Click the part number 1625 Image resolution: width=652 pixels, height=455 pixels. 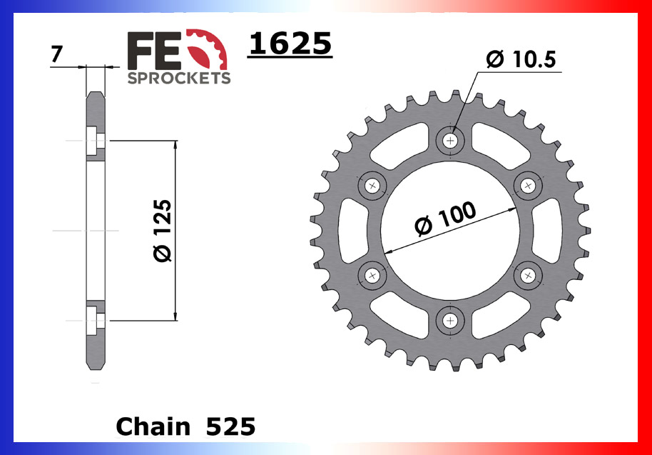coord(290,44)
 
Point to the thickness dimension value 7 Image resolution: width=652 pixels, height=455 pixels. coord(56,54)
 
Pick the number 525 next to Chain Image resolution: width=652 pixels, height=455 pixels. coord(230,426)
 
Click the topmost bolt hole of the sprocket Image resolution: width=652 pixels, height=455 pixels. coord(450,141)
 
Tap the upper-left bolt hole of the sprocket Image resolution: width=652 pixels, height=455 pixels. coord(372,186)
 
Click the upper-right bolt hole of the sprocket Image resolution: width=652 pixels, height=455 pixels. coord(527,186)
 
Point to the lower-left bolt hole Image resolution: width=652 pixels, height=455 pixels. coord(372,274)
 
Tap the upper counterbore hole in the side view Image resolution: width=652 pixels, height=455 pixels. coord(94,141)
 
